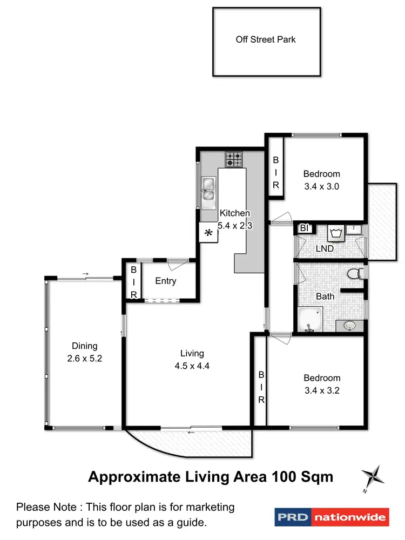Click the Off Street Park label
tap(266, 39)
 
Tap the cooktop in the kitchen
tap(234, 158)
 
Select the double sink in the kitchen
tap(208, 192)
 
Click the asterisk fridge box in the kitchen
tap(208, 234)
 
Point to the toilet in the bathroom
tap(354, 274)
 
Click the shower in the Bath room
tap(310, 319)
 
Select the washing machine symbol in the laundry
tap(336, 233)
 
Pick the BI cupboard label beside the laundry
tap(304, 228)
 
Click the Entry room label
tap(166, 281)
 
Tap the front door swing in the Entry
tap(174, 265)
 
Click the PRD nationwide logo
tap(331, 517)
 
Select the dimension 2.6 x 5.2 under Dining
tap(84, 358)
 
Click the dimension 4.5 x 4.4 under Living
tap(192, 366)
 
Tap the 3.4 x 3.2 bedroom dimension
tap(322, 390)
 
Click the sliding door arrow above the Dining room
tap(85, 274)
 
